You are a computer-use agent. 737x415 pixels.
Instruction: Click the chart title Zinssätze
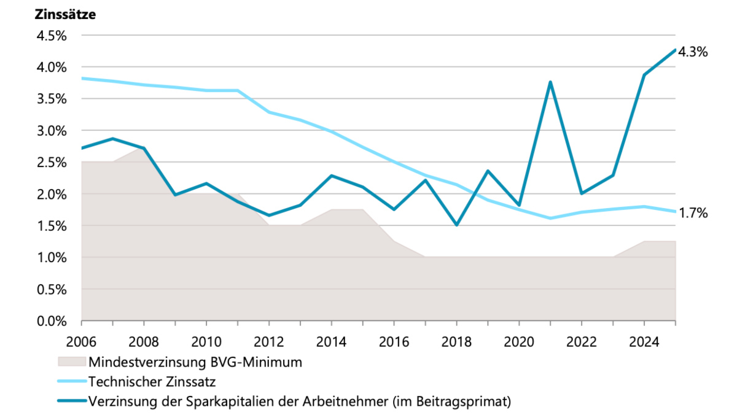65,15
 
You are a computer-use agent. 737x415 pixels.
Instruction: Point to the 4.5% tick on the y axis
52,36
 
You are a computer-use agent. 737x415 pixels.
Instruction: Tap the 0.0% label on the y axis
52,321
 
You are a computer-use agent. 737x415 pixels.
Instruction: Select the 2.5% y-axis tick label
52,162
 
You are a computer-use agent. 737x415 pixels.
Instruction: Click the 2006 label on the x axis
81,342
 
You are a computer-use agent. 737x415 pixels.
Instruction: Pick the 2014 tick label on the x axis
331,342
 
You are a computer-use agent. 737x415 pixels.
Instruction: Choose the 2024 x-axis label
644,342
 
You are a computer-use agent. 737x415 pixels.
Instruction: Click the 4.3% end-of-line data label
693,52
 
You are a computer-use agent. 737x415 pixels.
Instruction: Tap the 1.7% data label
693,213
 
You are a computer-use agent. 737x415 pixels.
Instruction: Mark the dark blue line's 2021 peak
550,82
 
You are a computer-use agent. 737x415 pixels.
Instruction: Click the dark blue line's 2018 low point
457,225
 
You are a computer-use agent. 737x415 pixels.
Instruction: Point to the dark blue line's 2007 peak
112,139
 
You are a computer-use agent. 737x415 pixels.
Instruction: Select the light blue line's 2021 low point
550,218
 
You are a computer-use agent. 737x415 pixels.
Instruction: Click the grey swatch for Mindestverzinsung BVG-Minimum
72,362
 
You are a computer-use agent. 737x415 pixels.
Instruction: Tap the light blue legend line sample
72,381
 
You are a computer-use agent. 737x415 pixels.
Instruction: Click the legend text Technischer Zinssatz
152,382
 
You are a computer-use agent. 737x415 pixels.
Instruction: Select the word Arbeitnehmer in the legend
345,401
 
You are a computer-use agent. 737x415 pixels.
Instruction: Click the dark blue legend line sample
72,401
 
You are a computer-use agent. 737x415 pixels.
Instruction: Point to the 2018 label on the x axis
456,342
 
